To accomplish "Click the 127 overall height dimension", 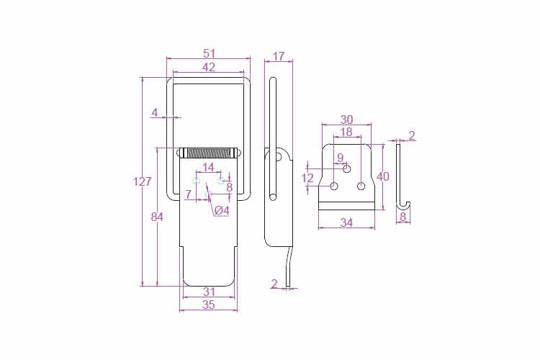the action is tap(143, 181).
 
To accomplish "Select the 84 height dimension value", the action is tap(157, 217).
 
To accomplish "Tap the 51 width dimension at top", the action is tap(209, 53).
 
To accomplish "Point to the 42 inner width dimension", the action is tap(209, 67).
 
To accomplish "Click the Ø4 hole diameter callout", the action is tap(222, 210).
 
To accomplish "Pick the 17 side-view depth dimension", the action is tap(278, 56).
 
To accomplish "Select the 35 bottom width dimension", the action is tap(209, 305).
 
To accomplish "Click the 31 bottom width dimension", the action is tap(209, 292).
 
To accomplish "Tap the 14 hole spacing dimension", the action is tap(208, 168).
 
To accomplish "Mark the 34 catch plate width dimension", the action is tap(346, 223).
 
